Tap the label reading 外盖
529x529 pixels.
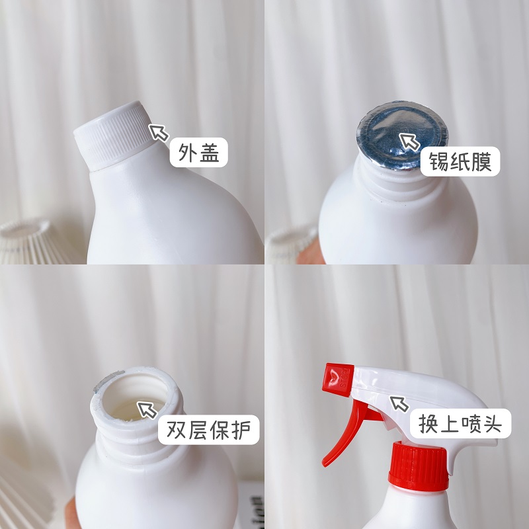point(199,153)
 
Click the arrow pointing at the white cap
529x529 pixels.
point(158,132)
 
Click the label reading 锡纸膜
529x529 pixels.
point(460,161)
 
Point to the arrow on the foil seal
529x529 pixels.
point(409,142)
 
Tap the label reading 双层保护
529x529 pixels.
point(209,430)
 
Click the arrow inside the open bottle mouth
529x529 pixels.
point(147,409)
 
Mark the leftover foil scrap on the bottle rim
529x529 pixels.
point(108,381)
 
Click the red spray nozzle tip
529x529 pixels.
point(337,379)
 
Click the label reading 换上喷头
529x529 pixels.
point(460,423)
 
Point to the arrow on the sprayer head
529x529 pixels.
point(399,403)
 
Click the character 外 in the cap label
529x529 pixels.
point(187,153)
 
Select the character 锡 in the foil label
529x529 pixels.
point(439,161)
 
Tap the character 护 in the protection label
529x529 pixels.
point(241,430)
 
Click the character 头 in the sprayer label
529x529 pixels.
point(492,423)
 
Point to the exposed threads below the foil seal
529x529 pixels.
point(401,184)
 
